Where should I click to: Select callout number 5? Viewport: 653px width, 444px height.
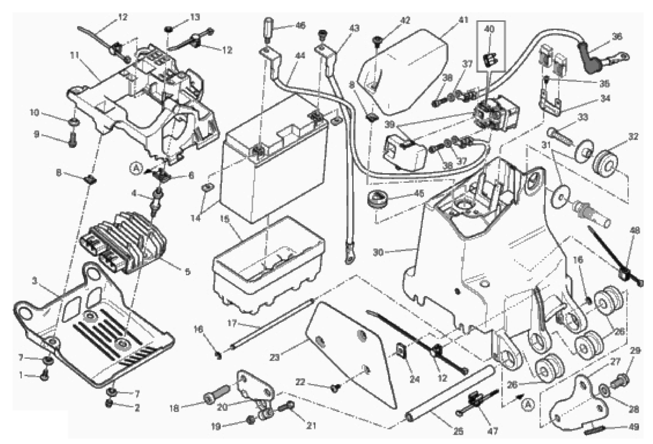tap(186, 272)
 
